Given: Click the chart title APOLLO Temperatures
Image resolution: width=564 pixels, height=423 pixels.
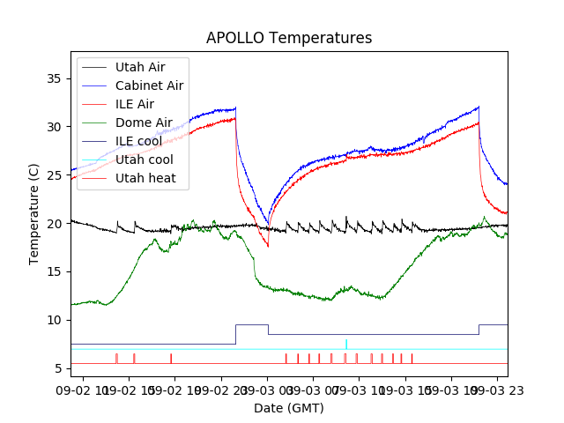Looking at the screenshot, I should coord(289,38).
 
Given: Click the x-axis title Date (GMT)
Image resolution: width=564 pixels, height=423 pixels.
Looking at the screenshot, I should coord(289,408).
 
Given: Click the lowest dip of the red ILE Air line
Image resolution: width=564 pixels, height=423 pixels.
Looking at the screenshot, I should coord(268,246).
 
